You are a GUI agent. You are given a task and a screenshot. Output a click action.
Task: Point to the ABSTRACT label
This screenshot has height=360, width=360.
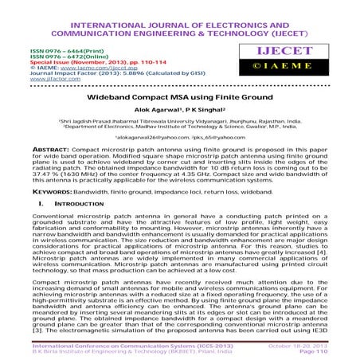coord(33,149)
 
